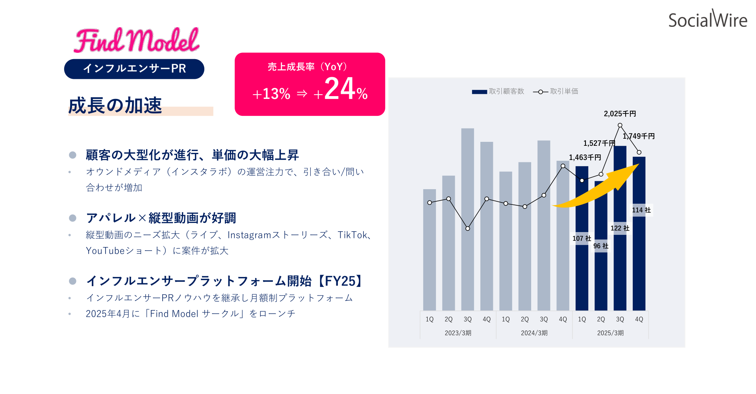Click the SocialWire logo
click(708, 19)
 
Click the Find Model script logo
click(137, 40)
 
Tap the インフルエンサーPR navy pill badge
click(134, 69)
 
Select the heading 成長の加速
click(115, 106)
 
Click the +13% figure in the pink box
click(271, 94)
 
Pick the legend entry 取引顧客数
click(498, 91)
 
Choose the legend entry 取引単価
click(556, 91)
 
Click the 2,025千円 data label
click(620, 114)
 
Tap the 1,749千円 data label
click(639, 136)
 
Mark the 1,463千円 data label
click(585, 158)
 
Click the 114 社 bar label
click(641, 210)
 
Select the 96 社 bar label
click(601, 246)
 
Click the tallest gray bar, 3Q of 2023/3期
click(467, 219)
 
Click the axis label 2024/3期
click(534, 333)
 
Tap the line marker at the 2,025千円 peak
click(620, 125)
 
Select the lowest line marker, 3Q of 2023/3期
click(467, 229)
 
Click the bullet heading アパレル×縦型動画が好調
click(161, 218)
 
